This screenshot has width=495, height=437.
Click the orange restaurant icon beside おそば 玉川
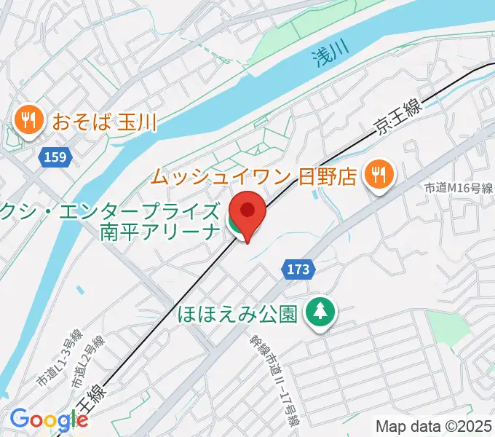click(x=28, y=119)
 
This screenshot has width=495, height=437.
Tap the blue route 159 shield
click(x=50, y=157)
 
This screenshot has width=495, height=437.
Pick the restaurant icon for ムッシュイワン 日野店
click(x=379, y=175)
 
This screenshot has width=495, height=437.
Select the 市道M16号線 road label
click(x=459, y=189)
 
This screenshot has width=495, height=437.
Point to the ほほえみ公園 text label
click(x=237, y=313)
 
